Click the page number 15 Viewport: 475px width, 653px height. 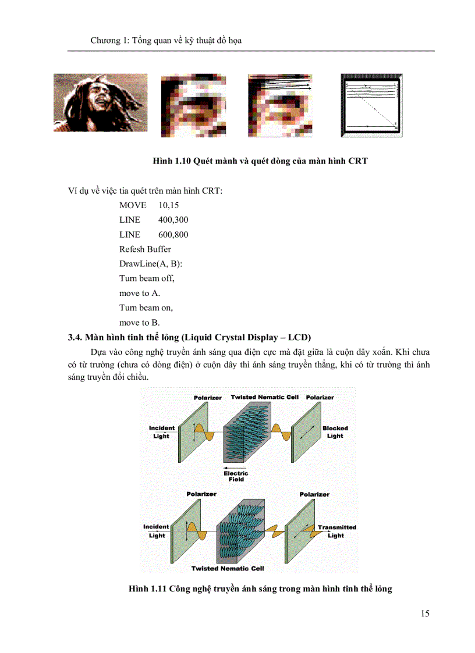pos(424,613)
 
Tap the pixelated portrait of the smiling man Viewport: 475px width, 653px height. pos(100,103)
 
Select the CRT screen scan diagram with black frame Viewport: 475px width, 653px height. pos(371,105)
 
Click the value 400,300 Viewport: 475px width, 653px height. pos(173,220)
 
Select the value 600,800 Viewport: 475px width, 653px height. pos(173,234)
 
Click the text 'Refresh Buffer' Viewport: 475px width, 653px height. pos(145,249)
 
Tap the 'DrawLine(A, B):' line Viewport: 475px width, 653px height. pos(150,263)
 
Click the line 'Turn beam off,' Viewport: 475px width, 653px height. pos(147,278)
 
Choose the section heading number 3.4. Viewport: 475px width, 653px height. pos(75,337)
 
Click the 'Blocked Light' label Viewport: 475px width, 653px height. pos(335,432)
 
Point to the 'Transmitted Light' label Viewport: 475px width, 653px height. pos(336,531)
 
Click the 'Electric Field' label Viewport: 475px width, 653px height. pos(236,476)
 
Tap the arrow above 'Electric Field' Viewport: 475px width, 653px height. pos(236,467)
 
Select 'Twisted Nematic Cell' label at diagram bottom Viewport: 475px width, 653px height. pos(228,568)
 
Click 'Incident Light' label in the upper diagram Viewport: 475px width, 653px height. pos(161,432)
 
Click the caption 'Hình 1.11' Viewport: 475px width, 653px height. pos(148,589)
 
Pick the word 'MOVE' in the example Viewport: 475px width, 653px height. pos(132,205)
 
